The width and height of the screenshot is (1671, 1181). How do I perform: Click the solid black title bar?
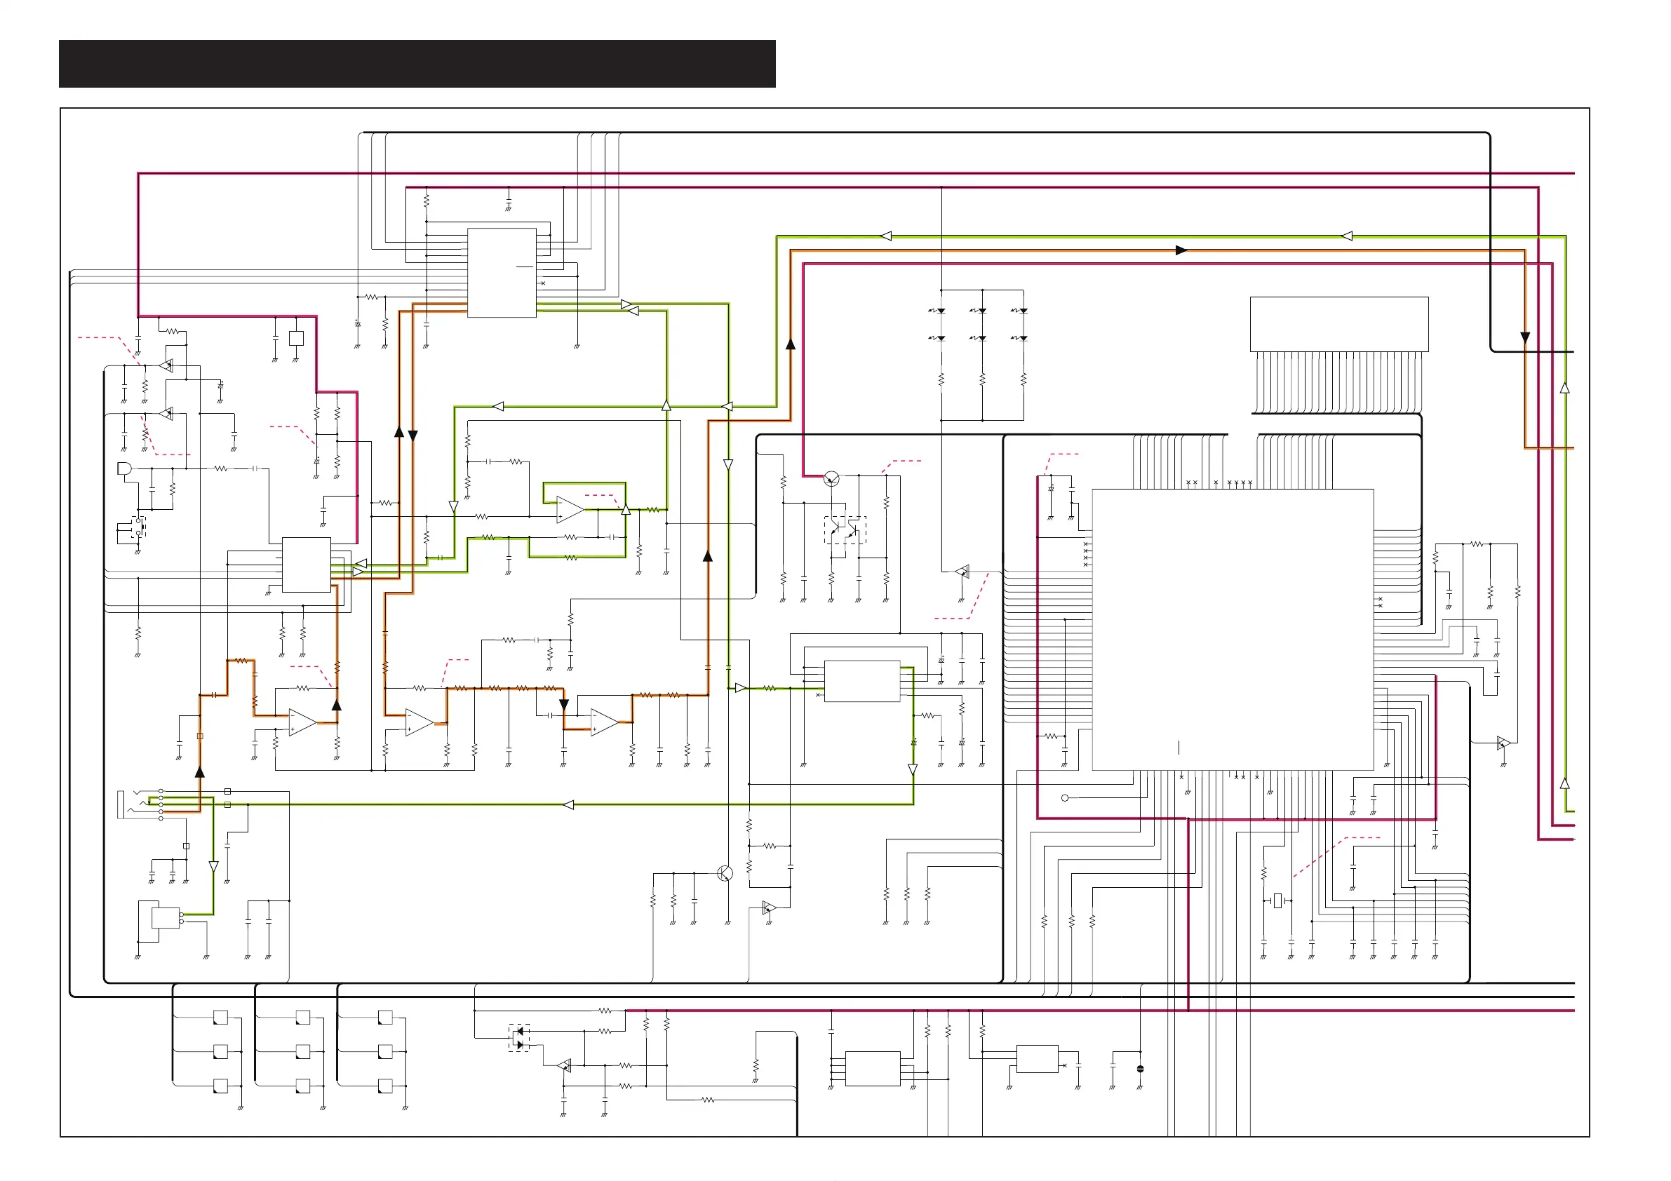[417, 64]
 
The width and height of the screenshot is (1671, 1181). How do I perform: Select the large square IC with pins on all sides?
[1233, 630]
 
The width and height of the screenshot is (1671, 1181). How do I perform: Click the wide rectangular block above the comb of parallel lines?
[1339, 324]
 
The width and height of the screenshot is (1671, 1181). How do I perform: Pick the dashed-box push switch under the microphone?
[141, 526]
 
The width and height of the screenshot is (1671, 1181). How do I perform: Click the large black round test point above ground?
[1141, 1069]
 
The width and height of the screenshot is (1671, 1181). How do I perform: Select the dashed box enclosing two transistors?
[845, 529]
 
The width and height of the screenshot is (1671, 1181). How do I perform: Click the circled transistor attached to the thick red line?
[832, 479]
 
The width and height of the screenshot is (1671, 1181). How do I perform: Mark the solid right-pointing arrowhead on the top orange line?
[1181, 250]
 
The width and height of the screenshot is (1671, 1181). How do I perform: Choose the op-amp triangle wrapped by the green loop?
[570, 509]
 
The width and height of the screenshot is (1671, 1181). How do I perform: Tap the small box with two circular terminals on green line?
[167, 917]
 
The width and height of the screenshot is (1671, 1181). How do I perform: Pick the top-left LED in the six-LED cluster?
[940, 311]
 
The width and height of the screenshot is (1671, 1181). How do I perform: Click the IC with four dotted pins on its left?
[873, 1069]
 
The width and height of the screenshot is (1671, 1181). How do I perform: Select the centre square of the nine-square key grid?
[303, 1051]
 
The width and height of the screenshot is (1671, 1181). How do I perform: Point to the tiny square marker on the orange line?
[200, 736]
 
